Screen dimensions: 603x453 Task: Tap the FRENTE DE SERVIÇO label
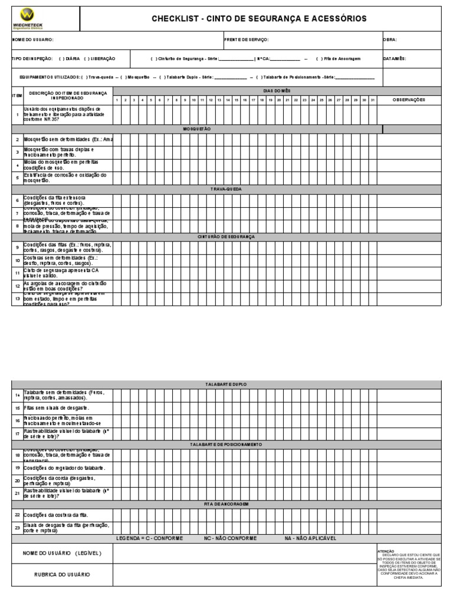pos(247,39)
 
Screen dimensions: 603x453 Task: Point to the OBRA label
pos(390,39)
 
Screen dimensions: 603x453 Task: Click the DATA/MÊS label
pos(395,59)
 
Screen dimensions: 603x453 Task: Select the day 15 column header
pos(236,100)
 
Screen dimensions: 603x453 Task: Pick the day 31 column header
pos(372,100)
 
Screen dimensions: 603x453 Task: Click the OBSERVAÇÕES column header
pos(409,100)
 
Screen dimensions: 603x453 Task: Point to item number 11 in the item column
pos(17,273)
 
